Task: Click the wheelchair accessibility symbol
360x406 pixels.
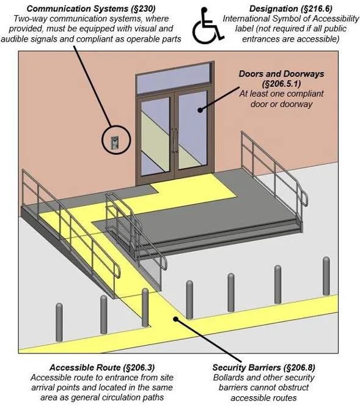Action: [x=207, y=26]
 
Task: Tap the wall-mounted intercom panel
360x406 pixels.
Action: [x=114, y=142]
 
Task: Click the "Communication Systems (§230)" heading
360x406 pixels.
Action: [x=91, y=9]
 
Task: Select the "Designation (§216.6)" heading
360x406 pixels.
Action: [x=291, y=9]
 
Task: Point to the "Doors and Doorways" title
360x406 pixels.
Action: [x=281, y=74]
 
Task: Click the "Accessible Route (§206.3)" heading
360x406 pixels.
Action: [x=102, y=367]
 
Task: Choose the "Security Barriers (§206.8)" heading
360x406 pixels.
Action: [x=263, y=367]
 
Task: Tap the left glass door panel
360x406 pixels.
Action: [x=155, y=135]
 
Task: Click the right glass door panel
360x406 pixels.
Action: [x=193, y=130]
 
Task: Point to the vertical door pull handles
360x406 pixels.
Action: [x=175, y=141]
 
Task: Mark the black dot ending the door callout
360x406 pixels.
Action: [x=200, y=110]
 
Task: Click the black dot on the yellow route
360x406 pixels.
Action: [x=176, y=319]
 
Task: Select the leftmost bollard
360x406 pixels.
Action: [x=59, y=322]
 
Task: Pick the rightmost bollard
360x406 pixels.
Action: [x=326, y=276]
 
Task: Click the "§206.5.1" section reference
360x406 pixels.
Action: [x=281, y=84]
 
